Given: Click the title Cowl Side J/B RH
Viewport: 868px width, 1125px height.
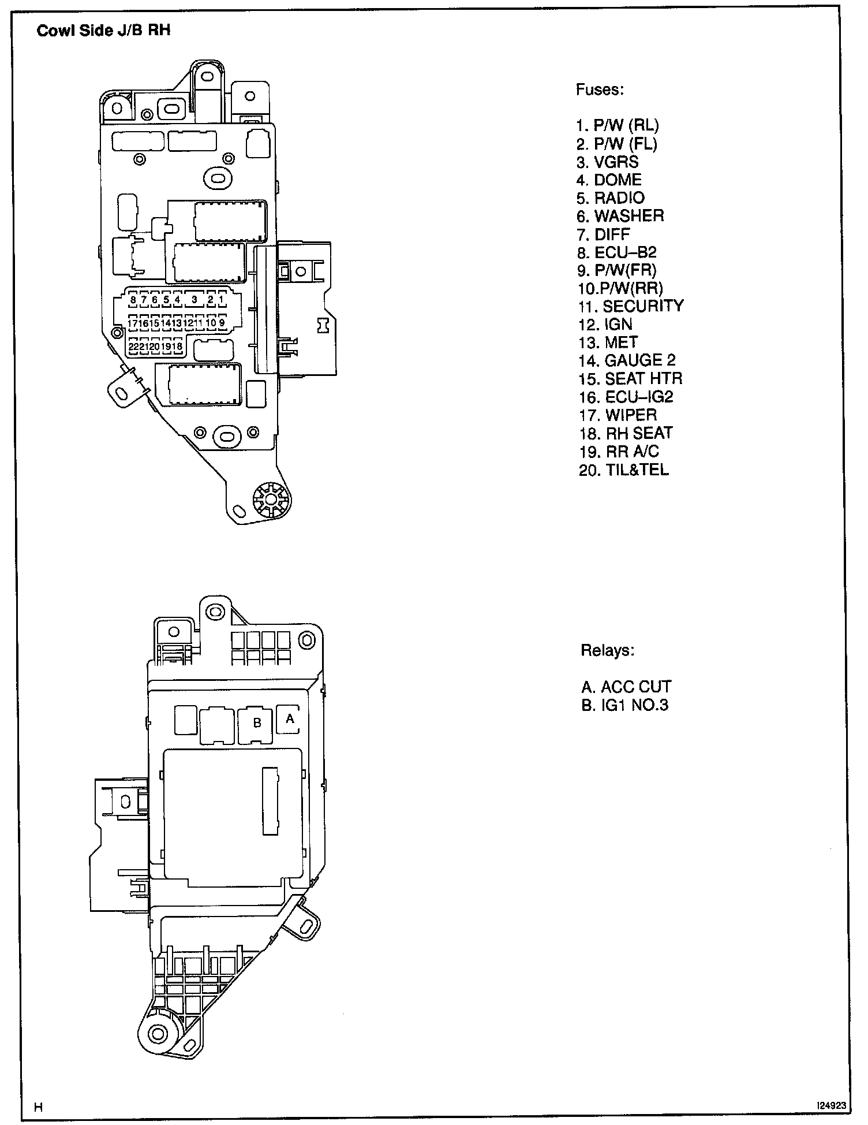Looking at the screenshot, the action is click(x=104, y=31).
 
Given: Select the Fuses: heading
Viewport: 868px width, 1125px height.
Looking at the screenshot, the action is click(x=600, y=90).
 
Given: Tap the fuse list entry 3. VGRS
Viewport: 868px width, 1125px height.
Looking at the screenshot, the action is click(x=607, y=162).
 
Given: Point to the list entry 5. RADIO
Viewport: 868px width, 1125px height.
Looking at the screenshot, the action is click(x=610, y=198).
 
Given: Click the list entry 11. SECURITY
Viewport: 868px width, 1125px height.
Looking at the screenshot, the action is click(x=631, y=306).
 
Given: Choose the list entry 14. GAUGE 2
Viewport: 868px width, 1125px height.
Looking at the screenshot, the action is click(x=627, y=360).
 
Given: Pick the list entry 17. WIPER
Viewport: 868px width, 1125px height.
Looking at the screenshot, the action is click(x=618, y=415).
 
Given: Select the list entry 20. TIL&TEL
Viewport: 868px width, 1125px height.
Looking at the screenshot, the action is click(x=623, y=470).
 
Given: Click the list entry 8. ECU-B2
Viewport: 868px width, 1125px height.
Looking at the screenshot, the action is click(x=616, y=252).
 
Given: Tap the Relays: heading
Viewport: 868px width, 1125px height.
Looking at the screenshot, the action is click(x=607, y=650).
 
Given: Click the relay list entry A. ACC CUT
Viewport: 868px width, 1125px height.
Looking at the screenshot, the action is click(x=626, y=687).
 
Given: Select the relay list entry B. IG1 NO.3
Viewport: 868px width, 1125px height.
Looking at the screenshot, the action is click(x=624, y=705).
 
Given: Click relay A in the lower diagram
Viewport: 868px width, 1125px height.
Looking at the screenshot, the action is click(x=290, y=719).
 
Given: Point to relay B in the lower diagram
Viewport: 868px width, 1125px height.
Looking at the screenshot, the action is click(x=257, y=723).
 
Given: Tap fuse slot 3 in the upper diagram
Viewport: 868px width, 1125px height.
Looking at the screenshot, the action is click(x=194, y=300).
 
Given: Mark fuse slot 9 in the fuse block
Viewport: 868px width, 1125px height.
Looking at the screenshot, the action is click(x=222, y=323).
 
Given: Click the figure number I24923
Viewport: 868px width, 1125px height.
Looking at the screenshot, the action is click(x=831, y=1105).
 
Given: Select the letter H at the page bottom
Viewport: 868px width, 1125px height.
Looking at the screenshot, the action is click(x=38, y=1107).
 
